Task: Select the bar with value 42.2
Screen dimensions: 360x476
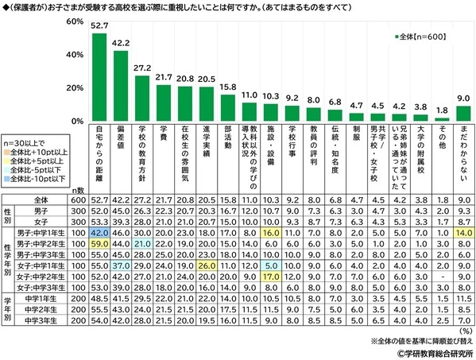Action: tap(122, 86)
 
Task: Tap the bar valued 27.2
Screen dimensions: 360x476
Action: tap(143, 99)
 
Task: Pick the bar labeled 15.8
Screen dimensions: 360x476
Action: tap(229, 108)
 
